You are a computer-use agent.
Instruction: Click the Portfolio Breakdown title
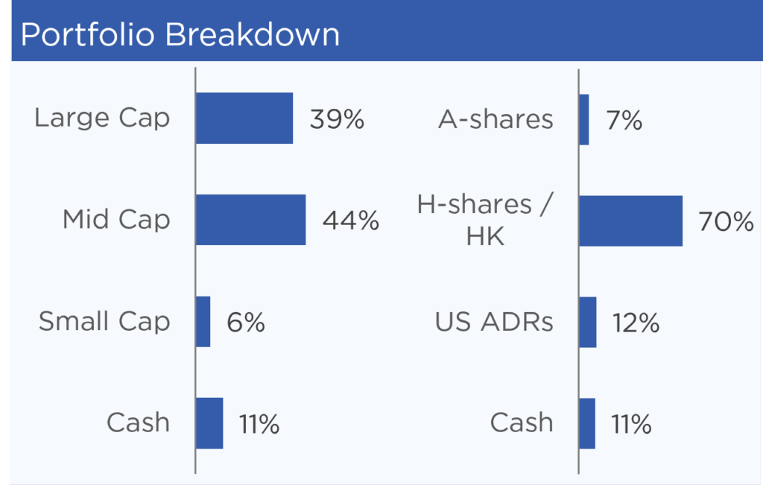point(180,34)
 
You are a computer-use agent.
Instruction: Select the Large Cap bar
point(244,118)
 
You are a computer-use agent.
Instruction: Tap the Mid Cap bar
point(250,220)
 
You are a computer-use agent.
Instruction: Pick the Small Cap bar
point(203,322)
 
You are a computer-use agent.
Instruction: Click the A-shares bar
point(584,120)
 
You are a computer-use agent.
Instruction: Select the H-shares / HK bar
point(630,221)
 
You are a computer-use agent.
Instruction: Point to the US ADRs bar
point(588,322)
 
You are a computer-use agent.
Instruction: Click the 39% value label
point(337,119)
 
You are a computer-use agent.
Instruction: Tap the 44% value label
point(350,221)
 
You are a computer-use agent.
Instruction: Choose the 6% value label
point(246,323)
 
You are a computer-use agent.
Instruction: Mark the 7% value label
point(624,120)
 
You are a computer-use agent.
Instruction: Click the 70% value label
point(726,222)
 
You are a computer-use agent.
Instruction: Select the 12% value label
point(636,323)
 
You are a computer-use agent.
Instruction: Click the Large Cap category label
point(102,118)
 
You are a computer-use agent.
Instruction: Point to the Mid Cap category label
point(116,219)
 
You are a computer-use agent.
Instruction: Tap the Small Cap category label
point(104,321)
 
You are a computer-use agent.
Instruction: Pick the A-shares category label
point(496,119)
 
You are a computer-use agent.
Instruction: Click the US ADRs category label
point(494,322)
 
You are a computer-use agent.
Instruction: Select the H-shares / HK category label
point(485,220)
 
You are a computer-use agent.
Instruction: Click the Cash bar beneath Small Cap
point(209,423)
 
